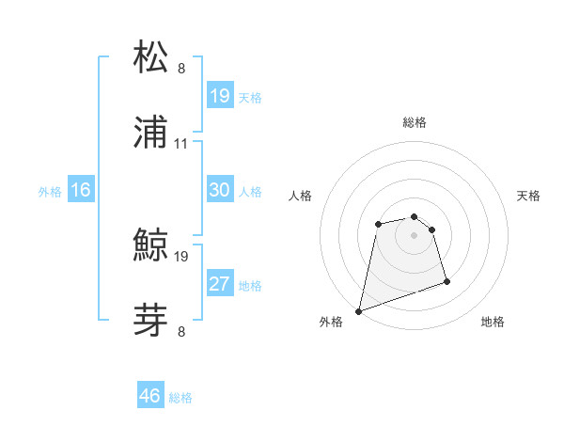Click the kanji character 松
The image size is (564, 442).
coord(152,58)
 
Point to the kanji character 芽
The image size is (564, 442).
coord(152,320)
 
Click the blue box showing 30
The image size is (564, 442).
coord(219,191)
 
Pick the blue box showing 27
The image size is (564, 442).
coord(219,284)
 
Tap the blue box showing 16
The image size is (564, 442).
coord(81,191)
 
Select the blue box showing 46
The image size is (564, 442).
coord(149,396)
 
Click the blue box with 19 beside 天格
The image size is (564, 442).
coord(219,95)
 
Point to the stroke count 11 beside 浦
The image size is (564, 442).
coord(181,144)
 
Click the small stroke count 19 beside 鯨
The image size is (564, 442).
coord(181,256)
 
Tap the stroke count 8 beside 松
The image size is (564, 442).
coord(181,68)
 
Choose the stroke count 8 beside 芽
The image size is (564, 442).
coord(181,330)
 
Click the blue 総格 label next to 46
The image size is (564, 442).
coord(180,398)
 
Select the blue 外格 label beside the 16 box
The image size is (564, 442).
coord(50,192)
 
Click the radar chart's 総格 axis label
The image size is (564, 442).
coord(415,123)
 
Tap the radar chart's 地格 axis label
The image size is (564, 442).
coord(493,323)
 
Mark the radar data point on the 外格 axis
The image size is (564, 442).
coord(358,310)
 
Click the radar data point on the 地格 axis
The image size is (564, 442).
coord(446,281)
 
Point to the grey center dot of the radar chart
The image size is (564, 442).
coord(414,235)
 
